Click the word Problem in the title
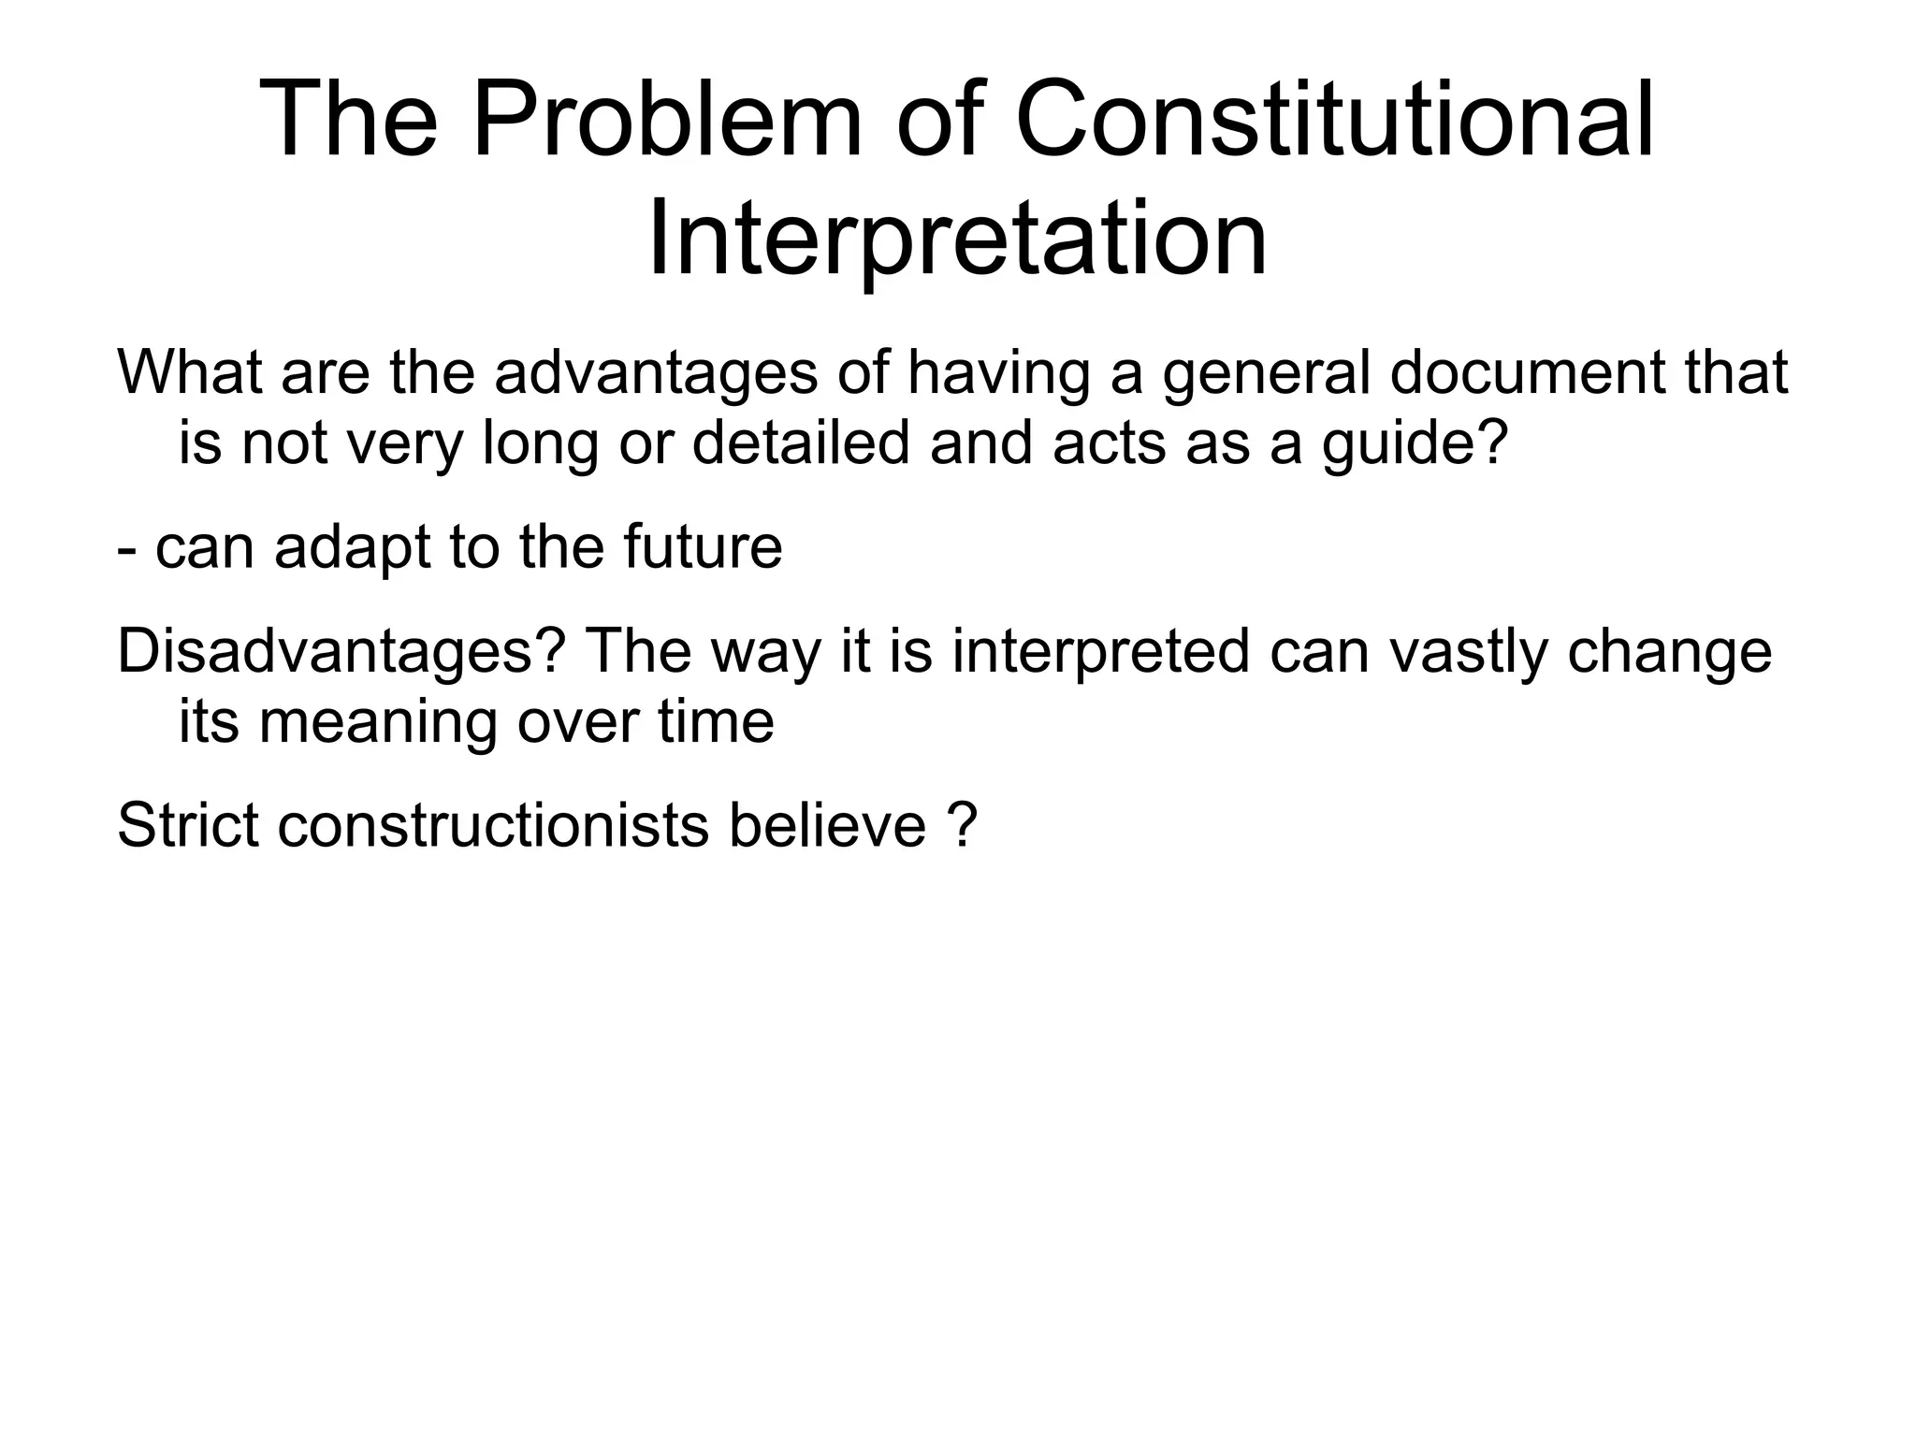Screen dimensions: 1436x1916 coord(666,120)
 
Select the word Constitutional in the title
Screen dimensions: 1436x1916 coord(1334,120)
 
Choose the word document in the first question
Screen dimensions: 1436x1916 coord(1528,371)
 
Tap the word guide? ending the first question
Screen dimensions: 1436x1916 coord(1415,443)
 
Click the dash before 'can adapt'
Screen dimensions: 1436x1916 coord(125,549)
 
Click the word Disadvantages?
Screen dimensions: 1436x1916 coord(342,651)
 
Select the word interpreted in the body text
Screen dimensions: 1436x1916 coord(1101,652)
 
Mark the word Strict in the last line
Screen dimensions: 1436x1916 coord(187,825)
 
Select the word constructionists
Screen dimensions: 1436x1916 coord(493,825)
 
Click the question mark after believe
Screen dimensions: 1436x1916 coord(962,825)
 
